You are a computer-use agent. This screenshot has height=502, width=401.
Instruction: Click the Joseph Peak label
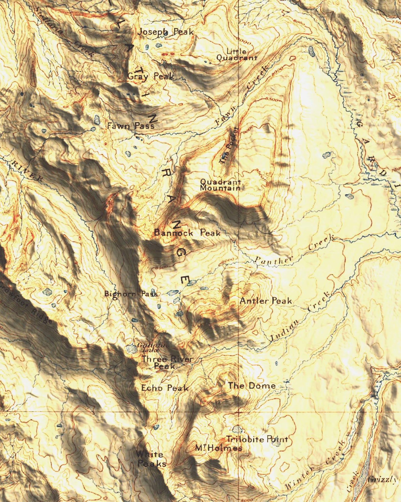(x=165, y=32)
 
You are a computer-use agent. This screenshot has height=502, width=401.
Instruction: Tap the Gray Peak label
(x=151, y=76)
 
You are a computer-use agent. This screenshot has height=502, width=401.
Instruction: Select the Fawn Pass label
(x=131, y=126)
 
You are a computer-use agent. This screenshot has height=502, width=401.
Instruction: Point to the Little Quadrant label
(x=236, y=55)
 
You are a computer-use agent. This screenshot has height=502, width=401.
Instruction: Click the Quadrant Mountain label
(x=220, y=185)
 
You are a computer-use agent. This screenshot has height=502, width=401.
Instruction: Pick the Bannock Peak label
(x=187, y=233)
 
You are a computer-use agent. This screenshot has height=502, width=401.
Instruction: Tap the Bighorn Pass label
(x=131, y=294)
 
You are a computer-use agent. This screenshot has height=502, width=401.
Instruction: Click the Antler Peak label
(x=266, y=301)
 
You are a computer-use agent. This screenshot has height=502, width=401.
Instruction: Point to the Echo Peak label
(x=165, y=388)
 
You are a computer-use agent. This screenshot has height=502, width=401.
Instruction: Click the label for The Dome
(x=252, y=386)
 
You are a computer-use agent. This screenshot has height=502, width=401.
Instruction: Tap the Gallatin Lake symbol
(x=131, y=349)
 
